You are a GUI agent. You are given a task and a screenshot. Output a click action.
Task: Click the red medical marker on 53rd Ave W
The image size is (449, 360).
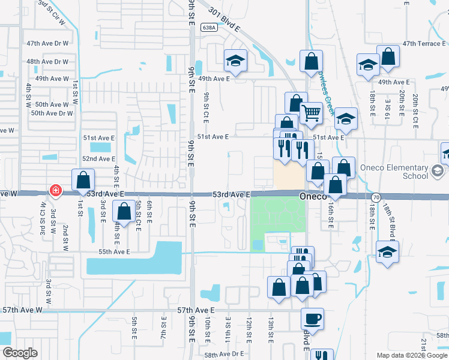(55, 190)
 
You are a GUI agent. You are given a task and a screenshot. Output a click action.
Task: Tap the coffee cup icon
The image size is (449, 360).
(313, 318)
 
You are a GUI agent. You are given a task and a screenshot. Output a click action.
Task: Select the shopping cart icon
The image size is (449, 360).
(310, 112)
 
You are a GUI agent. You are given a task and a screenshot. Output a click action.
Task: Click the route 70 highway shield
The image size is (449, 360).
(376, 197)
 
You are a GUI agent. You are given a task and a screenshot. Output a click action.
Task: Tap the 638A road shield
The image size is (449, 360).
(209, 28)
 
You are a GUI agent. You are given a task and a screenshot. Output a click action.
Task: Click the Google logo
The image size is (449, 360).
(20, 353)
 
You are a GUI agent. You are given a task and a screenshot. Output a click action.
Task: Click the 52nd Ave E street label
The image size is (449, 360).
(98, 158)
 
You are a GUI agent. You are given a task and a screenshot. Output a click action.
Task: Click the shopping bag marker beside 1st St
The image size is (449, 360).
(83, 179)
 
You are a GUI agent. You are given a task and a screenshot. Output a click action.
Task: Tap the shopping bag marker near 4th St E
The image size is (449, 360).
(124, 212)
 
